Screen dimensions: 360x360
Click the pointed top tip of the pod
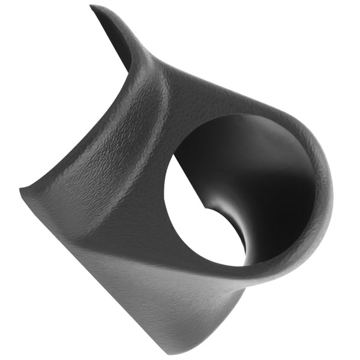point(92,7)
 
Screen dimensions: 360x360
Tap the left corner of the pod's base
point(22,191)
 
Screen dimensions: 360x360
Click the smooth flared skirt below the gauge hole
point(180,288)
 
